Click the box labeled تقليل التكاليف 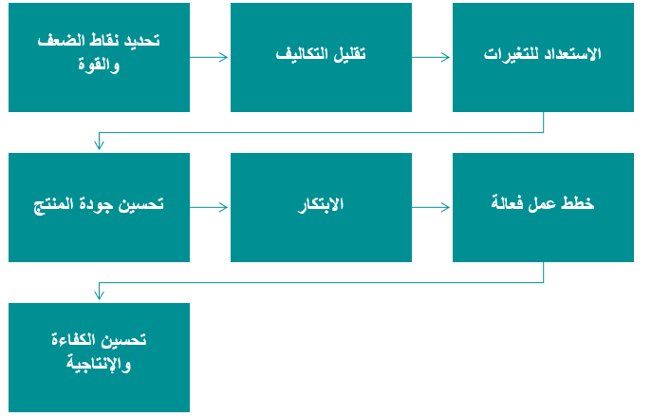click(x=321, y=57)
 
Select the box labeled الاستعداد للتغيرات click(x=543, y=57)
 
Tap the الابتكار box click(x=321, y=207)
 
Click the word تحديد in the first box click(x=142, y=40)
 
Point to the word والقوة click(x=99, y=65)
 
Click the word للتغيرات click(x=509, y=54)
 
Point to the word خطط click(x=578, y=203)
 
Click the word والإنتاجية click(x=99, y=364)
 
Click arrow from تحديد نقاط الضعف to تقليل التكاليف click(x=209, y=57)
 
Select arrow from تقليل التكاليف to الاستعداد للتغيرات click(x=431, y=57)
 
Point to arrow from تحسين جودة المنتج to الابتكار click(x=209, y=207)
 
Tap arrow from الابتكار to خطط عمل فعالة click(x=431, y=207)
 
